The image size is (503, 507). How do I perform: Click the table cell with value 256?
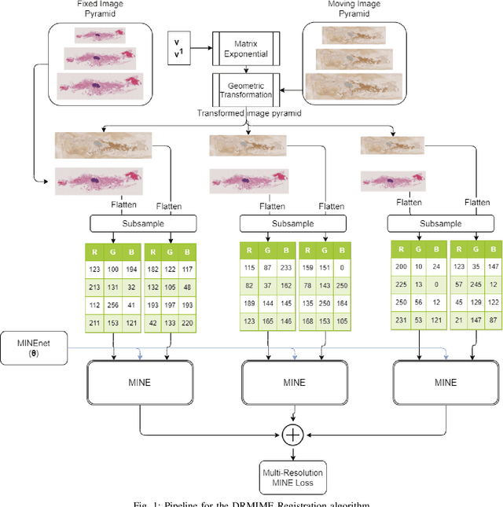point(112,305)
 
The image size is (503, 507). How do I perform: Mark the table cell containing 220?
point(186,322)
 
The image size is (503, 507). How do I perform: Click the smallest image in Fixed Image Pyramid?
point(98,34)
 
